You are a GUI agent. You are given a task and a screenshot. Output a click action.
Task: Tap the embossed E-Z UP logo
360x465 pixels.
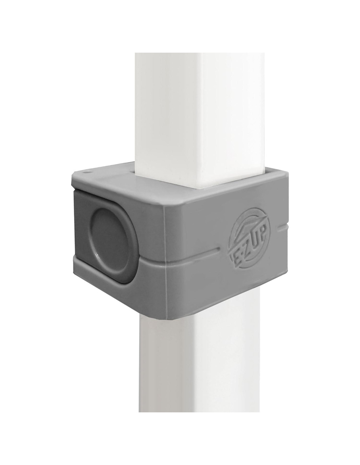click(x=249, y=242)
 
